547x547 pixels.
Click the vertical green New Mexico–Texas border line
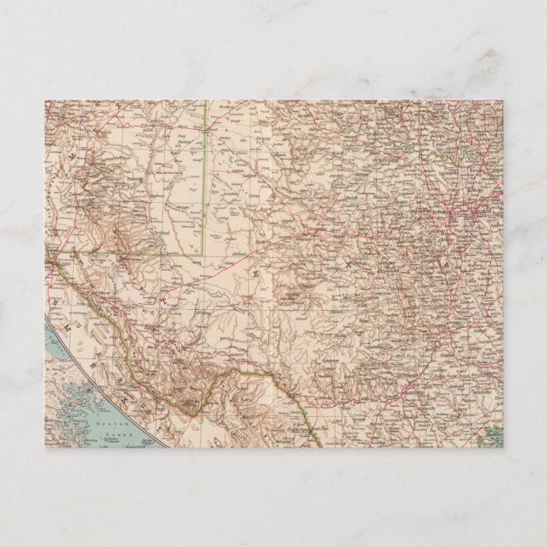(x=205, y=170)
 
